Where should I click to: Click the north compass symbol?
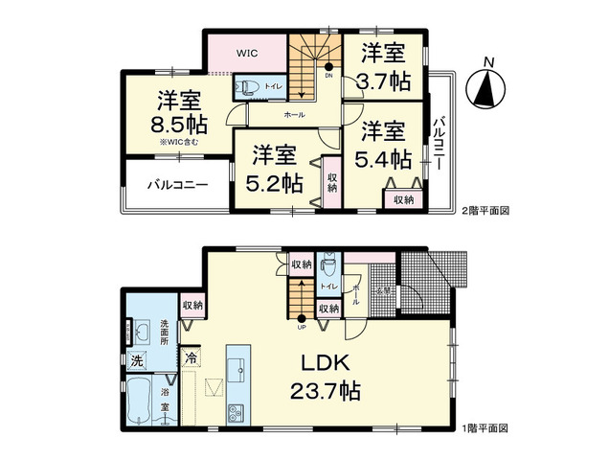[488, 90]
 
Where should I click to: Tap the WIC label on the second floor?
[249, 54]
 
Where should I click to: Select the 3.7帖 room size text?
[385, 68]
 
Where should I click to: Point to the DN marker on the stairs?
[328, 74]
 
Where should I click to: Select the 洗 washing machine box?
[136, 361]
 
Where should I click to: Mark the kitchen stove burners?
[236, 413]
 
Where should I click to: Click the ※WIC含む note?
[180, 144]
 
